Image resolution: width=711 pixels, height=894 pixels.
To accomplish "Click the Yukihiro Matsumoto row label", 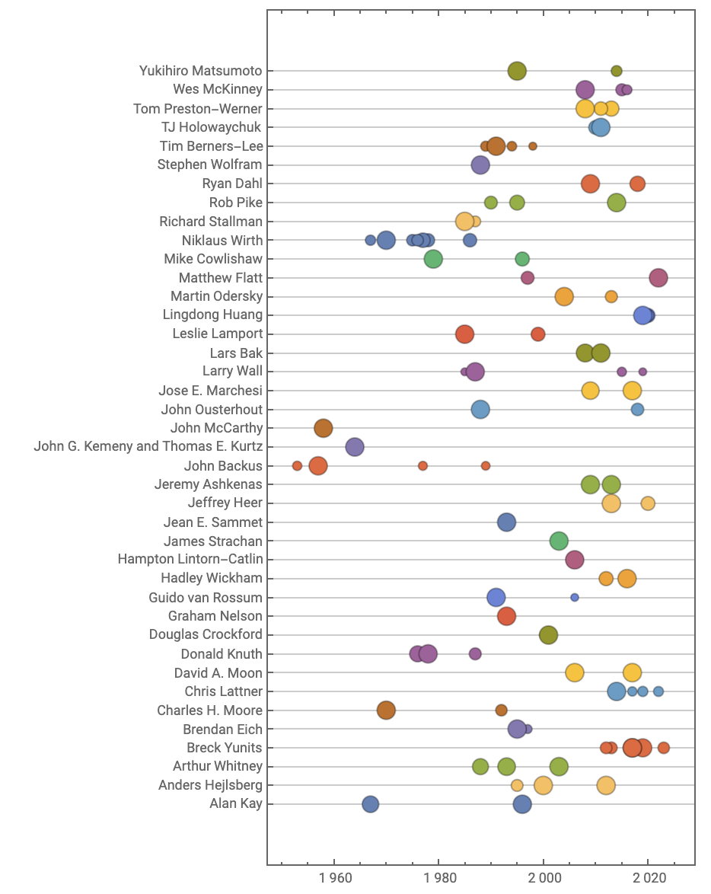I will click(x=200, y=71).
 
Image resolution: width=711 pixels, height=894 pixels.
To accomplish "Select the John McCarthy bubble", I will click(x=324, y=428).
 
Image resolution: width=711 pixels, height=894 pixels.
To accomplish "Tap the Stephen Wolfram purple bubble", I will click(x=480, y=165).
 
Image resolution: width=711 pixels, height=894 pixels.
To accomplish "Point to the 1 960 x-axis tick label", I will click(x=335, y=877).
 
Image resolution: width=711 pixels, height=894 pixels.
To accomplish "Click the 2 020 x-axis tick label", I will click(x=649, y=877).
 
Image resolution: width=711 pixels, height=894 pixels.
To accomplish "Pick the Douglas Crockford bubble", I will click(x=548, y=635).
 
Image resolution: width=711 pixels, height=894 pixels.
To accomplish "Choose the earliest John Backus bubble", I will click(x=297, y=466).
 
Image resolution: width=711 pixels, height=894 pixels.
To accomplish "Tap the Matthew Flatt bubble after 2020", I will click(x=658, y=278).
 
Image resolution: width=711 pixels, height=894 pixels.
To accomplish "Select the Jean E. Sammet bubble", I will click(x=506, y=522).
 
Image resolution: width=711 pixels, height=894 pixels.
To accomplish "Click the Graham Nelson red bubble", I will click(x=506, y=616).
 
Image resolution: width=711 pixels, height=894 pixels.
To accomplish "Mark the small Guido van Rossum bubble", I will click(x=575, y=598).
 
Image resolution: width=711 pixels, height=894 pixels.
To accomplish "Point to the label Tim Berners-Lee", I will click(x=211, y=146).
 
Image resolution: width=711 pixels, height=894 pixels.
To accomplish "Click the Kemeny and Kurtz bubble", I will click(x=355, y=447).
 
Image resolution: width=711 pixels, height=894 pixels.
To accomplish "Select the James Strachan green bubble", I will click(x=559, y=541).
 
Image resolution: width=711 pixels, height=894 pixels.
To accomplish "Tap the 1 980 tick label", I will click(x=439, y=877).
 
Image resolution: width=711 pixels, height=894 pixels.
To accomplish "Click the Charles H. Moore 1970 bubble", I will click(x=387, y=710).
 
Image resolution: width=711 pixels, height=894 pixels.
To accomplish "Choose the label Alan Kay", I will click(x=235, y=804).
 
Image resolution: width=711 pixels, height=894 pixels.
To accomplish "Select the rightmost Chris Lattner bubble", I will click(x=658, y=691).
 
